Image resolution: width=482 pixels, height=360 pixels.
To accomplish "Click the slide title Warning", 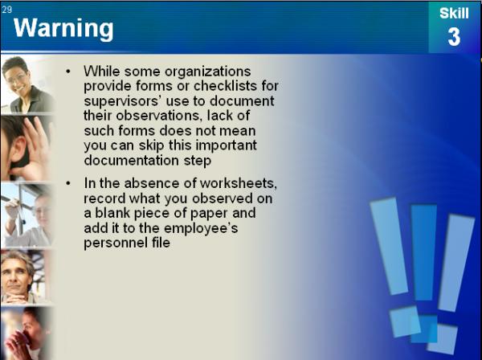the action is (63, 28).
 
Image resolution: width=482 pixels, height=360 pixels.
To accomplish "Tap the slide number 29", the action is (6, 10).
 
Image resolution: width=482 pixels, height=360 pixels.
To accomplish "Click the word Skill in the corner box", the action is (454, 13).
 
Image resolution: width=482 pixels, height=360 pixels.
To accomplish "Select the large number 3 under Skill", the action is (454, 37).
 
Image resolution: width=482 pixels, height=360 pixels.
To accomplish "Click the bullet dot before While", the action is (68, 72).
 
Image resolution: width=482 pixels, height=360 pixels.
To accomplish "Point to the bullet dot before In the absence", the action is (68, 183).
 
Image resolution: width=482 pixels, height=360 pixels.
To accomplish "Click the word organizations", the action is (208, 72).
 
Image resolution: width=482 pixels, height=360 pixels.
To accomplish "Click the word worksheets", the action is (239, 183).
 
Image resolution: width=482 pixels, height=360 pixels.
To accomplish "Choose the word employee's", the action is (201, 228).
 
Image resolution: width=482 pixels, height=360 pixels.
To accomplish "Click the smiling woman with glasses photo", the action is (27, 84).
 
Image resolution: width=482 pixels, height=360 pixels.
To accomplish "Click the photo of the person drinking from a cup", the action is (26, 333).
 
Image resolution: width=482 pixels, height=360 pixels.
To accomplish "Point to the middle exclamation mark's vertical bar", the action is (424, 252).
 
